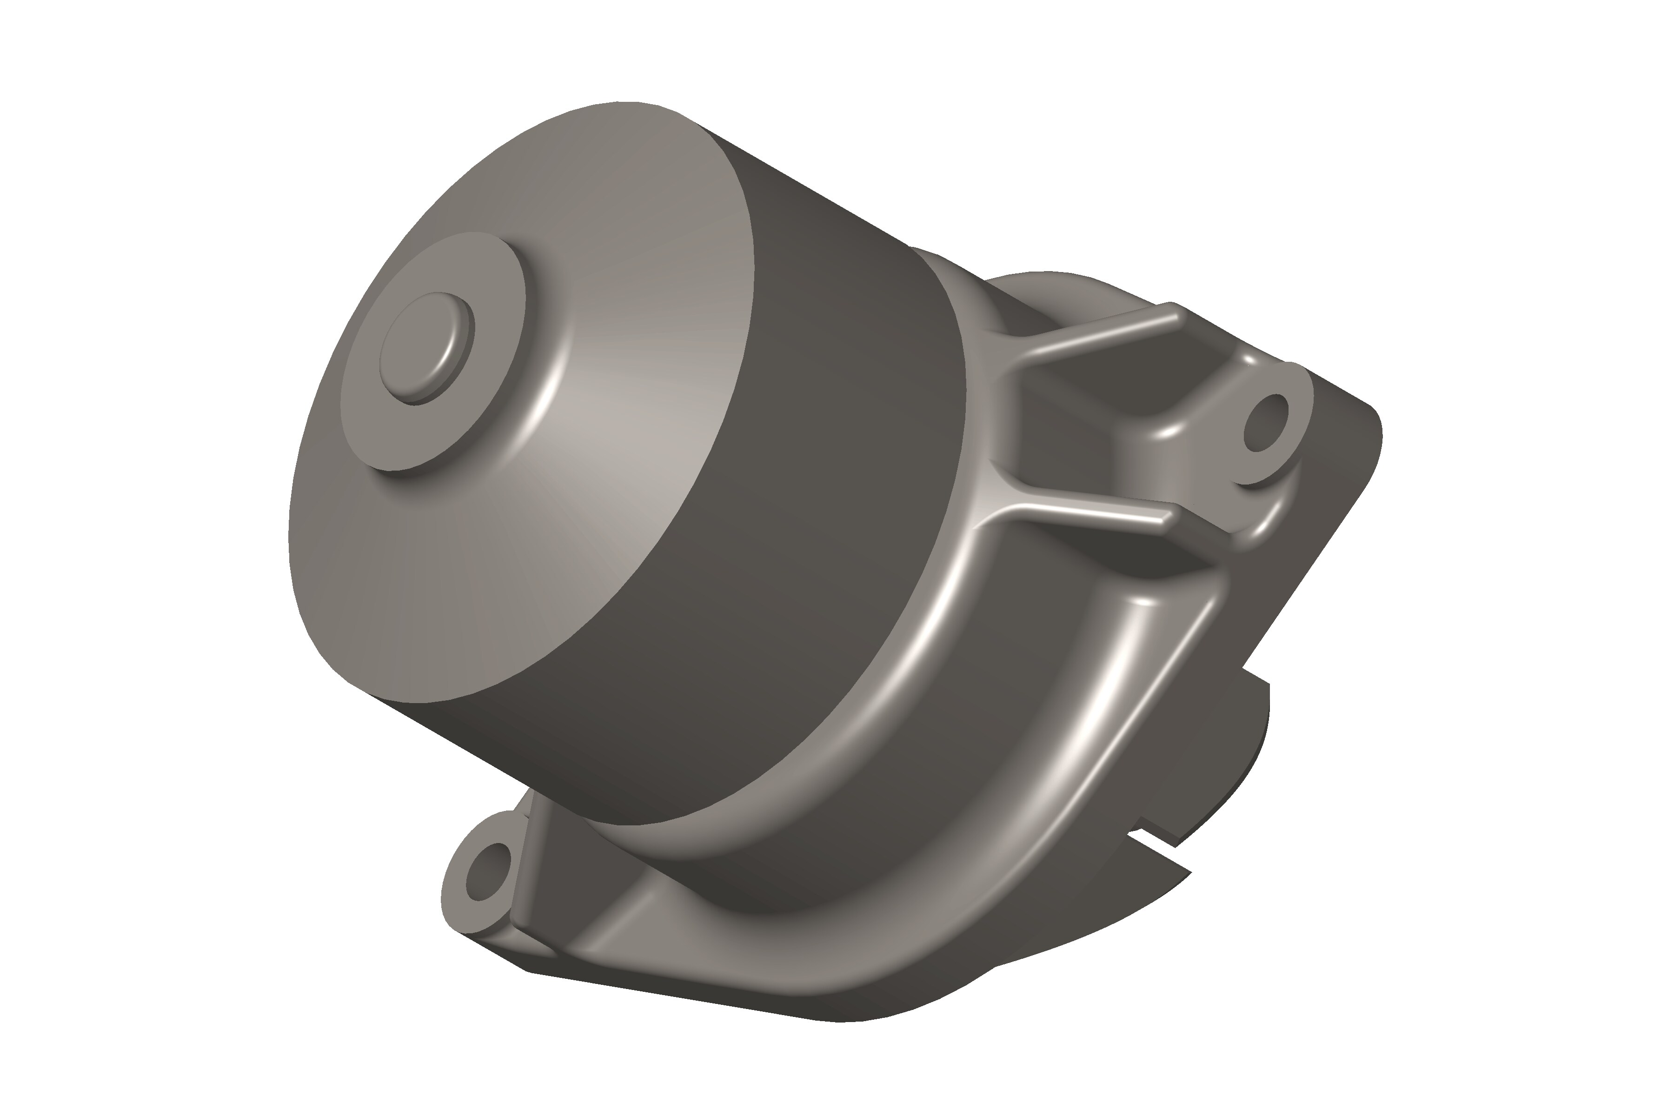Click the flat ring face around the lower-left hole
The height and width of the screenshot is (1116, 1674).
463,904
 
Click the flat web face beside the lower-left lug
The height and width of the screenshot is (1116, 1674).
562,876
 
